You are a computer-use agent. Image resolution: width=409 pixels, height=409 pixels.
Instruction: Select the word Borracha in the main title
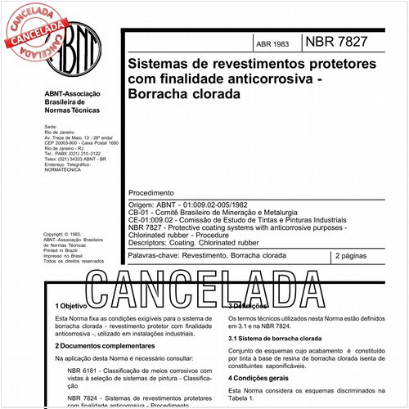coord(160,94)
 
